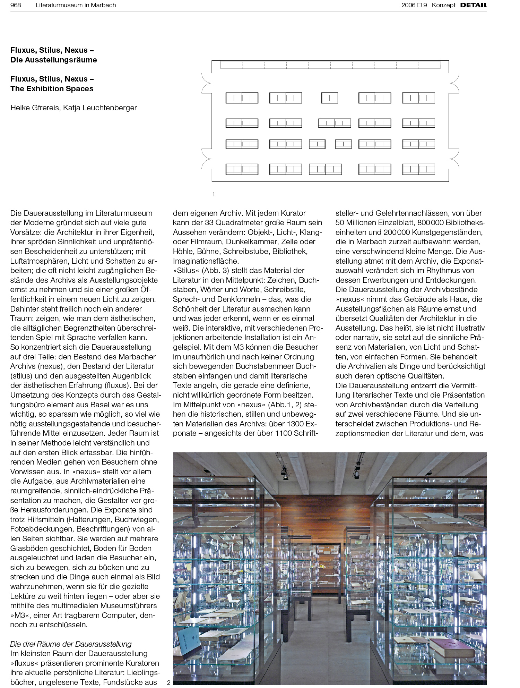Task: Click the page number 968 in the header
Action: coord(16,5)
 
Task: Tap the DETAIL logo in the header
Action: coord(474,5)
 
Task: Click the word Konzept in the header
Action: coord(443,5)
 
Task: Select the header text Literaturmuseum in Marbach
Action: coord(76,5)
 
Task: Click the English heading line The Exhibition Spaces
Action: coord(52,89)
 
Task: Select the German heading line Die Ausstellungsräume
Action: coord(54,60)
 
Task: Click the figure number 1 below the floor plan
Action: coord(214,194)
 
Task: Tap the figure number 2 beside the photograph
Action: coord(169,682)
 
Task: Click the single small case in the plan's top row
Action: coord(329,98)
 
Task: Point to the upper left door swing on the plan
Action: coord(207,83)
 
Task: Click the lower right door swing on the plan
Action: coord(454,159)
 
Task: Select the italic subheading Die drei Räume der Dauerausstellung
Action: coord(71,644)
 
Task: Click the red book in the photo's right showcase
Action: coord(452,647)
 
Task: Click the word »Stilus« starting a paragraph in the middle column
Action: coord(186,271)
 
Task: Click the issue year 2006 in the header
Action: coord(408,5)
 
